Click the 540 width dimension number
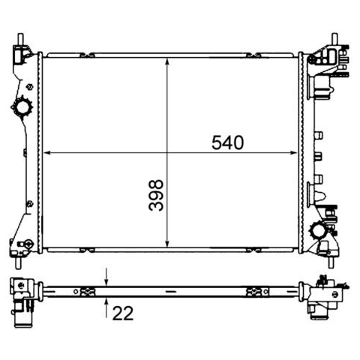pyautogui.click(x=227, y=142)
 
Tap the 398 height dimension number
pyautogui.click(x=156, y=195)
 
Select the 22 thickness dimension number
pyautogui.click(x=123, y=313)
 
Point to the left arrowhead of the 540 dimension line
pyautogui.click(x=47, y=152)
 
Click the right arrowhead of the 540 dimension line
pyautogui.click(x=293, y=152)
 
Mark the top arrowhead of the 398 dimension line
pyautogui.click(x=167, y=62)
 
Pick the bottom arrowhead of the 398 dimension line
pyautogui.click(x=167, y=244)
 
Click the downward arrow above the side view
pyautogui.click(x=106, y=277)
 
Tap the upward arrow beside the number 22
pyautogui.click(x=106, y=308)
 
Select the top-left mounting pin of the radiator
pyautogui.click(x=20, y=40)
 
